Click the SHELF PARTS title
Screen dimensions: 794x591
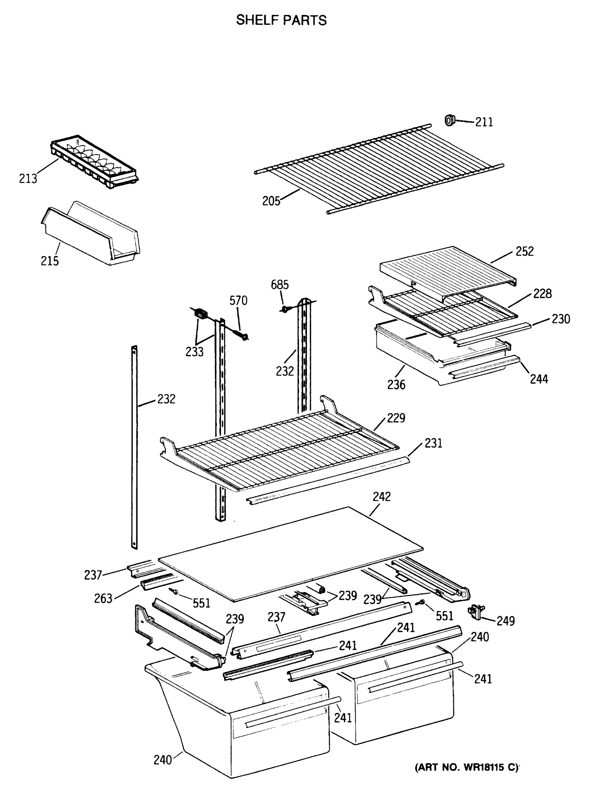point(281,21)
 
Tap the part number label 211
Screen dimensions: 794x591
point(484,122)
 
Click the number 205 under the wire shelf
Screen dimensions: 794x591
point(271,201)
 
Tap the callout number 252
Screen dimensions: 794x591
point(524,251)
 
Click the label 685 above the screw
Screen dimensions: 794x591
point(279,285)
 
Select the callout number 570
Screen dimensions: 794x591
point(238,301)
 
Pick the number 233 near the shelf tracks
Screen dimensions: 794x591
point(194,352)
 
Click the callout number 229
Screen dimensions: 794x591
point(396,418)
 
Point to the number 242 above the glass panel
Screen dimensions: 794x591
point(382,497)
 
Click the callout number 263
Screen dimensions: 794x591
point(103,598)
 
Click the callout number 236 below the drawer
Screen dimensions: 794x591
point(396,385)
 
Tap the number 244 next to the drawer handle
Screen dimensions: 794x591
point(539,379)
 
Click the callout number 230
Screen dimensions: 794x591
point(561,319)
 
